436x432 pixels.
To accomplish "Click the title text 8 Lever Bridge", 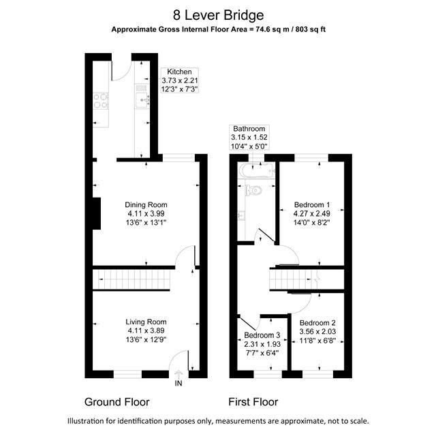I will coord(218,14).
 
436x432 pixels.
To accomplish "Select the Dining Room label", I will coord(146,204).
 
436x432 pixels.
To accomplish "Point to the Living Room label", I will coord(146,322).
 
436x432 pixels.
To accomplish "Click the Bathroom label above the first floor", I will coord(249,128).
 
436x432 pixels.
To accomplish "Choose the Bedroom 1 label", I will coord(312,204).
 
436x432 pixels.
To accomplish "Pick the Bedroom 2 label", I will coord(317,322).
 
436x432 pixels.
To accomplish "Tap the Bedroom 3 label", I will coord(262,335).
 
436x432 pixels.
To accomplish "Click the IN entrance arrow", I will coord(179,374).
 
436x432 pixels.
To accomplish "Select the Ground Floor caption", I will coord(116,401).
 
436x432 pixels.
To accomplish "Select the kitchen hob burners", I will coord(99,101).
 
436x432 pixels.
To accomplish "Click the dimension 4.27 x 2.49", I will coord(312,213).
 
